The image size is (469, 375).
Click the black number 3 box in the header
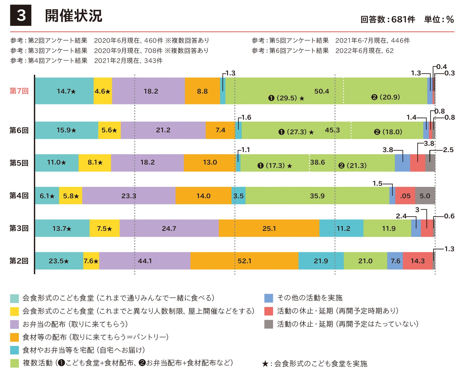click(x=21, y=15)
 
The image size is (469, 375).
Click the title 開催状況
click(x=74, y=16)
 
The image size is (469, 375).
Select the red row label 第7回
click(x=19, y=91)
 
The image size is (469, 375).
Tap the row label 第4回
click(x=19, y=196)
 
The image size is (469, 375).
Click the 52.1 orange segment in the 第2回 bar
click(x=244, y=261)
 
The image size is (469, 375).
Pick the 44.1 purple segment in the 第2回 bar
click(x=145, y=261)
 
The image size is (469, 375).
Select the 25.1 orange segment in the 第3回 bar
click(x=269, y=228)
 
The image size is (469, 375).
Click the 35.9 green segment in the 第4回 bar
click(x=317, y=196)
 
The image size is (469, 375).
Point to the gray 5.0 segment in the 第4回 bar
click(x=425, y=196)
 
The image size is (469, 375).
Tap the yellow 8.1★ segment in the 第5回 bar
click(x=95, y=162)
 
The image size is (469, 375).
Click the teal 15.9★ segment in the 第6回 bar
click(x=66, y=130)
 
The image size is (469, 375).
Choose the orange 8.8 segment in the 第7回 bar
click(x=202, y=91)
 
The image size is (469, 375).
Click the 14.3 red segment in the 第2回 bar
click(x=418, y=261)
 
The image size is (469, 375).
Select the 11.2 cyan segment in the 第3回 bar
click(x=342, y=228)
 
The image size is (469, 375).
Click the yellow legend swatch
click(x=14, y=311)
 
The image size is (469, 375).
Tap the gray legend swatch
click(x=269, y=324)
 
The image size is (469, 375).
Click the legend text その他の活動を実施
click(x=310, y=298)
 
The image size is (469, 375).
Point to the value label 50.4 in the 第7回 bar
click(x=322, y=91)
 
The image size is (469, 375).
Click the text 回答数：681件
click(x=388, y=19)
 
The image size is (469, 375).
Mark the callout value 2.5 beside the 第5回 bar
click(x=448, y=150)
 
